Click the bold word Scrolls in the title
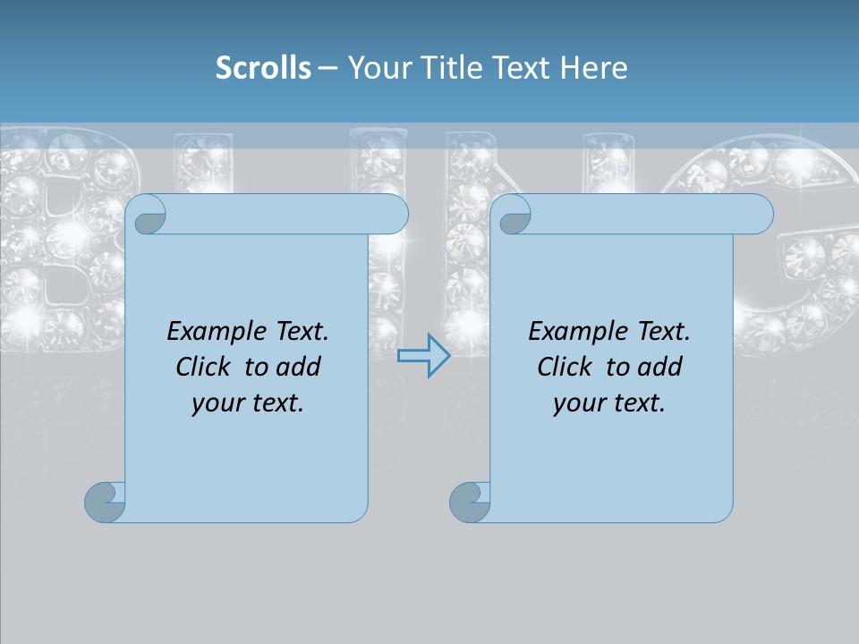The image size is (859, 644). point(263,68)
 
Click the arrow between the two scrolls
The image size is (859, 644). point(423,355)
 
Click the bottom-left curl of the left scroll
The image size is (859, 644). point(105,502)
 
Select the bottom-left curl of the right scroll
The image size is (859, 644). point(469,502)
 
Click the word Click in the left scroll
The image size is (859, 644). point(202,368)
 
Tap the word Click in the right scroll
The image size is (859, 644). point(564,368)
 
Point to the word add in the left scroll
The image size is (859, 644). point(300,368)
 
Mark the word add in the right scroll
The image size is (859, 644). point(661,368)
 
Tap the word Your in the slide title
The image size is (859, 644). point(374,68)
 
